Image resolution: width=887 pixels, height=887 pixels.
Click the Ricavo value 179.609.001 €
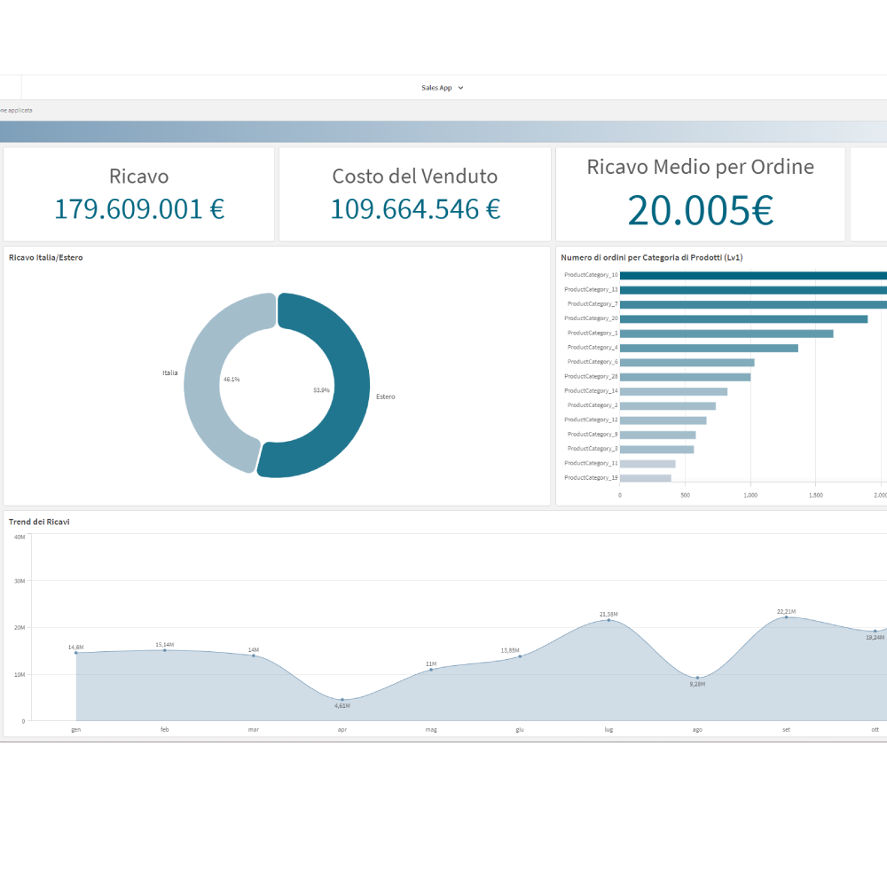139,209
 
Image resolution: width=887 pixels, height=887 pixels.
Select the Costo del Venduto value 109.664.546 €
415,209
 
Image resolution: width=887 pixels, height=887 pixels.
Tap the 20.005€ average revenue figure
700,210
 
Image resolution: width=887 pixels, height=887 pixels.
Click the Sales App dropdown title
442,88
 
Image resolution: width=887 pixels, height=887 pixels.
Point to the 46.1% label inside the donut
232,379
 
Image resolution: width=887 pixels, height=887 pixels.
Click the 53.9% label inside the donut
321,390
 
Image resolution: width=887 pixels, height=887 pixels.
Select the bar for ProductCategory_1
726,334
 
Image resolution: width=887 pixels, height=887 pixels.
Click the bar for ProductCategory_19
645,478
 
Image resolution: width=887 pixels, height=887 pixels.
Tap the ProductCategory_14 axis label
591,391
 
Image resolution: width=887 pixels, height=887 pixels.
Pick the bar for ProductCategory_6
687,362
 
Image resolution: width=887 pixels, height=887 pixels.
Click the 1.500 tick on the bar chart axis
815,495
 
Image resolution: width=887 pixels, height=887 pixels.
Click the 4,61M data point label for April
341,706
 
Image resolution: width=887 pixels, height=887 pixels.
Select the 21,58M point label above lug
608,614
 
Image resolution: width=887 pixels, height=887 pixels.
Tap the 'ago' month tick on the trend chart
697,729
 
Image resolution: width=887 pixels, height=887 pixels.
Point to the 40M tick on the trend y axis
19,537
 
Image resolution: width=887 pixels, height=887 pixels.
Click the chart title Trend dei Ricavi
39,522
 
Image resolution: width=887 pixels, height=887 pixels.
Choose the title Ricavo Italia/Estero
46,257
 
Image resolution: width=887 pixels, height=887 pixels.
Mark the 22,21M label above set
786,611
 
